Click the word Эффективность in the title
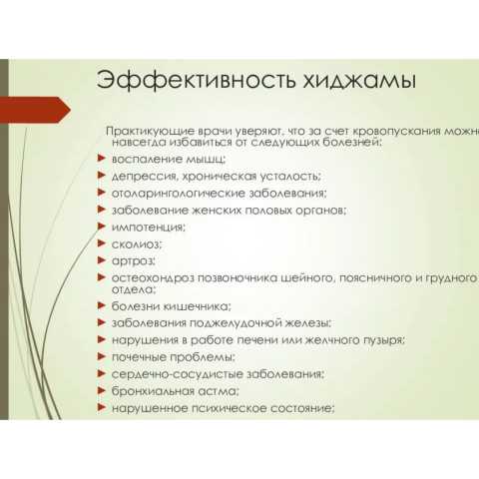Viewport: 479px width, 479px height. [196, 80]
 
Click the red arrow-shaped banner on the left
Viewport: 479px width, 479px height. [35, 110]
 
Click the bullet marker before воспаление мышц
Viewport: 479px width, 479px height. [102, 158]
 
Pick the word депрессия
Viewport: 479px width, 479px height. [146, 177]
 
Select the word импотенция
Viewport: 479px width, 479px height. [148, 228]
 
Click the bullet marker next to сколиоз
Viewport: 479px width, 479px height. [102, 243]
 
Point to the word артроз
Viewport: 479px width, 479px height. [134, 261]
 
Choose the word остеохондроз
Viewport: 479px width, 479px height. [153, 278]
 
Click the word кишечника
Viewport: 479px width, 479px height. [199, 306]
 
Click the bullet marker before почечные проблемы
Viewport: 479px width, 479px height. [102, 356]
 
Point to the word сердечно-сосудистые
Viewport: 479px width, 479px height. [172, 374]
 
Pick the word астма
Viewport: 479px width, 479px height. [222, 391]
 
